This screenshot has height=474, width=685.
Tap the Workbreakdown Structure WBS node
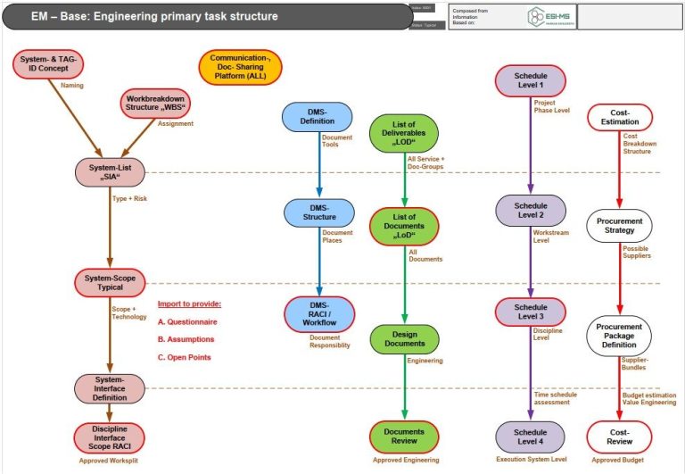[x=155, y=104]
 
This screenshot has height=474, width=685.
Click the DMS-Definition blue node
[x=317, y=119]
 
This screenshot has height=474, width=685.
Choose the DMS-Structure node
[x=318, y=213]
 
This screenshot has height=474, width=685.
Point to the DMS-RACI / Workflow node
[x=318, y=313]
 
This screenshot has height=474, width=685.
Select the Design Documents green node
[x=406, y=340]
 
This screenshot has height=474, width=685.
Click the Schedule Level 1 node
[x=530, y=81]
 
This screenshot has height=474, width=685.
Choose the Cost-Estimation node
[x=620, y=118]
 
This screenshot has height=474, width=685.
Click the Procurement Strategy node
[x=620, y=225]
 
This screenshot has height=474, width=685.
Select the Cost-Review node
[x=619, y=436]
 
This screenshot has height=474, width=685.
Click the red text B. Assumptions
[x=186, y=339]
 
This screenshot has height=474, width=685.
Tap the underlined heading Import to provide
[x=189, y=304]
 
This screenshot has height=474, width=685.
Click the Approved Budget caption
[x=619, y=460]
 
